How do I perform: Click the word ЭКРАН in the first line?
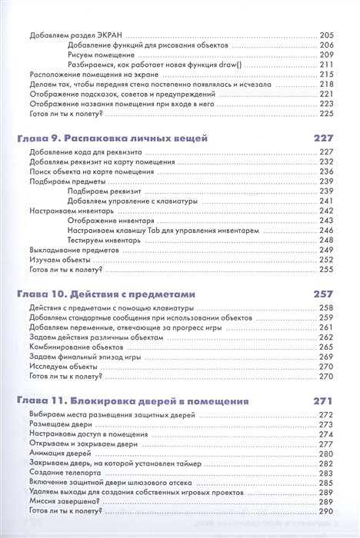click(108, 35)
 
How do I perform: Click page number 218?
click(325, 85)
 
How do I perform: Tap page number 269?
click(325, 357)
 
